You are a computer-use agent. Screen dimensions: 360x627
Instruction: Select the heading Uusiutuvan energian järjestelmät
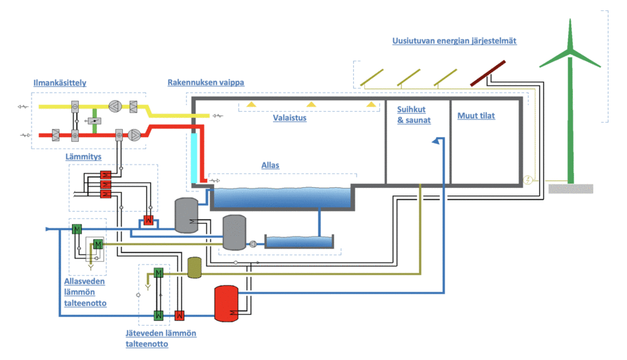click(454, 41)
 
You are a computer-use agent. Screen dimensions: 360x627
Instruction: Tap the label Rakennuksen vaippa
click(206, 82)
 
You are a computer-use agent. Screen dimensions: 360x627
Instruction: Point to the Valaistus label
click(289, 117)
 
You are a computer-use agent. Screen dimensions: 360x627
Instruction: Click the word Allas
click(270, 165)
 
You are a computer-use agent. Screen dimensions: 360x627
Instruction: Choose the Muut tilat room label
click(476, 116)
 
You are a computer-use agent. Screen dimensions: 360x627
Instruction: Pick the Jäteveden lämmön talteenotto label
click(161, 338)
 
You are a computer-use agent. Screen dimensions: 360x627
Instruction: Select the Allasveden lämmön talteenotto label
click(81, 289)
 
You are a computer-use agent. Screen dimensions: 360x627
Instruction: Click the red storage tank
click(226, 304)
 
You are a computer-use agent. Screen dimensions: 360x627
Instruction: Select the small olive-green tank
click(193, 268)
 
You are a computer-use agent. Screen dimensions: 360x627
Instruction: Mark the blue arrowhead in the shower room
click(435, 141)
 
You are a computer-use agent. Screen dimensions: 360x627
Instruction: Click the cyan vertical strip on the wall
click(194, 156)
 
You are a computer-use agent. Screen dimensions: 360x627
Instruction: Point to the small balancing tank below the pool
click(299, 241)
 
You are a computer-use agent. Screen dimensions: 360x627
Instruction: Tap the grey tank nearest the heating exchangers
click(187, 215)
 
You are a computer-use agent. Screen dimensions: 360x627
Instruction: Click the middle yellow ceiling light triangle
click(311, 104)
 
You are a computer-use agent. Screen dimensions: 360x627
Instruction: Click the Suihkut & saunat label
click(414, 115)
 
